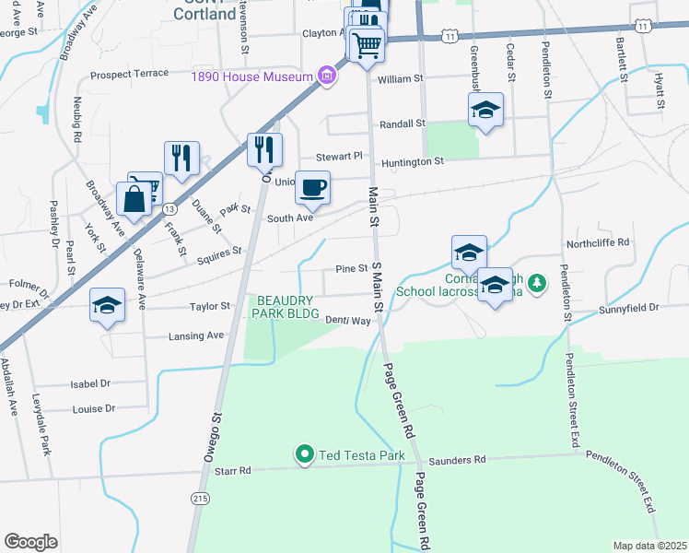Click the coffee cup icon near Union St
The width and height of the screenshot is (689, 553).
tap(312, 188)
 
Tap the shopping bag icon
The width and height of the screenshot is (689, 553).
tap(134, 198)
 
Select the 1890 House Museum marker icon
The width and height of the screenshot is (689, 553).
tap(325, 75)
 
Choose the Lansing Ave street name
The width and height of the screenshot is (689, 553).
tap(196, 336)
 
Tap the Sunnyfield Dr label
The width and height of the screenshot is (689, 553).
tap(629, 309)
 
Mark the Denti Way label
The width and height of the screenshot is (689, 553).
tap(347, 321)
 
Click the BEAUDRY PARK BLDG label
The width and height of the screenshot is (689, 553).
tap(286, 307)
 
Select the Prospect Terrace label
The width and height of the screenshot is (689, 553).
tap(129, 73)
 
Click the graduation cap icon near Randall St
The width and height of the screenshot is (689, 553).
tap(485, 112)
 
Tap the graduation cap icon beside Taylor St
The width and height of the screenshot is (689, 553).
tap(107, 306)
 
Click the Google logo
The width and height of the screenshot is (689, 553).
tap(30, 542)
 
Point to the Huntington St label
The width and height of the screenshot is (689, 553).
tap(413, 161)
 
